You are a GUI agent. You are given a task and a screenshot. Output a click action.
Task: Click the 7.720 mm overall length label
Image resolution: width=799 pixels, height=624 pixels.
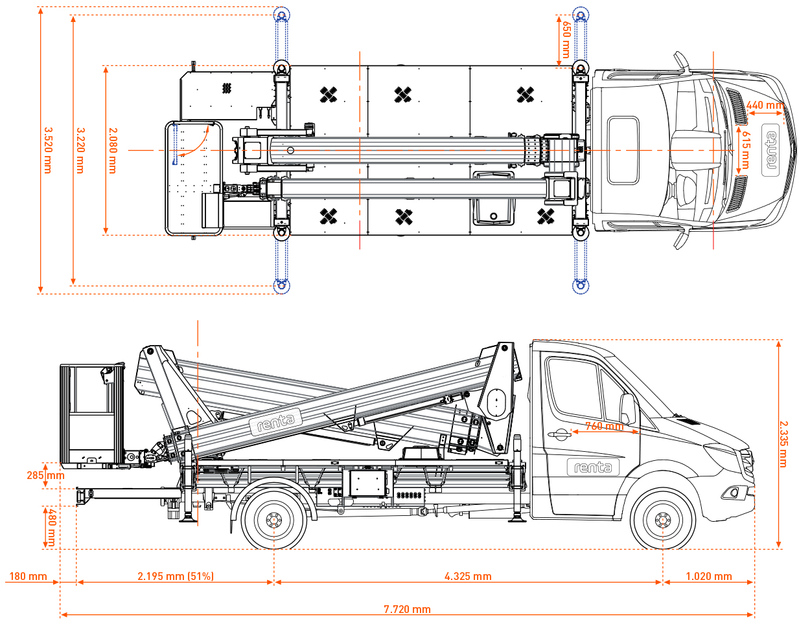[x=407, y=609]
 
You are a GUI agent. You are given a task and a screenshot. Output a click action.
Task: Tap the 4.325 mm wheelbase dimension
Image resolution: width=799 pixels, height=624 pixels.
[x=468, y=576]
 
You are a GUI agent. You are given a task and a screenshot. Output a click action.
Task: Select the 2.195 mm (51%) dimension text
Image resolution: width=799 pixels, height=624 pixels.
[x=176, y=576]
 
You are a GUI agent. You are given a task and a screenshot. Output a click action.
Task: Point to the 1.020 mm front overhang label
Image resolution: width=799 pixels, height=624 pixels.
[x=709, y=576]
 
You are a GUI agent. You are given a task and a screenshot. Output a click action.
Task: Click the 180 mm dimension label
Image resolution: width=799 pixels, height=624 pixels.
[x=28, y=576]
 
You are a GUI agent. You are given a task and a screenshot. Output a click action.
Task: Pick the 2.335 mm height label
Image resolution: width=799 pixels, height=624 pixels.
[x=783, y=444]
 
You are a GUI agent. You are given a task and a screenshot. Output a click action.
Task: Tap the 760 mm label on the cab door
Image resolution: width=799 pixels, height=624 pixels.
[x=604, y=426]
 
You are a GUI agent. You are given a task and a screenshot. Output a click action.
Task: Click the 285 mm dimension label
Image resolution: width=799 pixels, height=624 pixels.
[x=45, y=475]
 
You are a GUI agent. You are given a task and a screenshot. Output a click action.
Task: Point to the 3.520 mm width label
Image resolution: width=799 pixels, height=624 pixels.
[x=47, y=150]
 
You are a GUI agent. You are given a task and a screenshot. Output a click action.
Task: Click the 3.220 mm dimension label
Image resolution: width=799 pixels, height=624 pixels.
[x=80, y=150]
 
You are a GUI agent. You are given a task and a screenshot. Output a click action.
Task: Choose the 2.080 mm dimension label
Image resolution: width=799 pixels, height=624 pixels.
[x=113, y=150]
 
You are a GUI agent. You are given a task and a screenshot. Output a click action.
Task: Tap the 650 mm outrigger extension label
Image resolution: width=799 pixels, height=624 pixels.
[x=566, y=39]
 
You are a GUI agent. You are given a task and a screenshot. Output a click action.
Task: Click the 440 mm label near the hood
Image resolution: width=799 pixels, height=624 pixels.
[x=765, y=105]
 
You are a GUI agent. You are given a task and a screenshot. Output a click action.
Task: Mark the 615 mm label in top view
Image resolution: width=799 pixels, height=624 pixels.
[x=745, y=150]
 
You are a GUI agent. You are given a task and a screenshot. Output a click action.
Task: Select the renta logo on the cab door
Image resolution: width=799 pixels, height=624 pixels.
[x=593, y=467]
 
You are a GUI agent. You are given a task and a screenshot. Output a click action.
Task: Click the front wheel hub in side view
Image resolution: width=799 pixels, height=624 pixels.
[x=663, y=520]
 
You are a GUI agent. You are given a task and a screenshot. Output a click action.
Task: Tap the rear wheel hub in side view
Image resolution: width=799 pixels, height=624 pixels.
[x=273, y=520]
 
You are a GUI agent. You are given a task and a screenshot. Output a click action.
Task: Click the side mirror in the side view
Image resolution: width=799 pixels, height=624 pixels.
[x=627, y=408]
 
